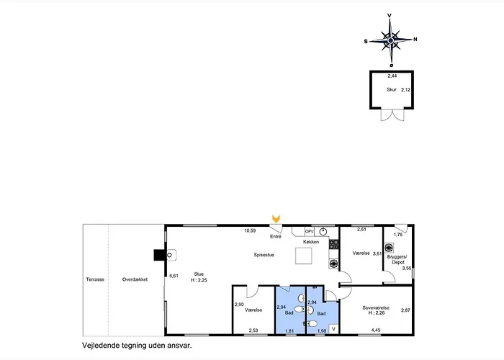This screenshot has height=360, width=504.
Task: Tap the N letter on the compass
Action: click(415, 40)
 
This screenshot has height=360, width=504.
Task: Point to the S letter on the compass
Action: click(366, 42)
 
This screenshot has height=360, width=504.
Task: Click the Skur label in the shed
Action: click(392, 90)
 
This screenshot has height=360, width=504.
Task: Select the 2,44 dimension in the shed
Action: click(392, 76)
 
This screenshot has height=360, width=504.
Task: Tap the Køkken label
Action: click(311, 242)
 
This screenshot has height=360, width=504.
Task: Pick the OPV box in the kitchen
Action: click(309, 231)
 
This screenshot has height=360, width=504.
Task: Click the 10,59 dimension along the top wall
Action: click(250, 231)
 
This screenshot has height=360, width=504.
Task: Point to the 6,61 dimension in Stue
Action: click(173, 275)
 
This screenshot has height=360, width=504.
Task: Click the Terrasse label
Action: click(95, 279)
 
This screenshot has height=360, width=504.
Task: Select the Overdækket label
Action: click(135, 279)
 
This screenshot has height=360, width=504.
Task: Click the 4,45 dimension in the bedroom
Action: click(375, 330)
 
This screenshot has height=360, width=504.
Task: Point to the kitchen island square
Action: click(303, 256)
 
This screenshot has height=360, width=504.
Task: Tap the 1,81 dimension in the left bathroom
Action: click(289, 330)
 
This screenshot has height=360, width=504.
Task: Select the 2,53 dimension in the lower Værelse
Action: click(253, 330)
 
